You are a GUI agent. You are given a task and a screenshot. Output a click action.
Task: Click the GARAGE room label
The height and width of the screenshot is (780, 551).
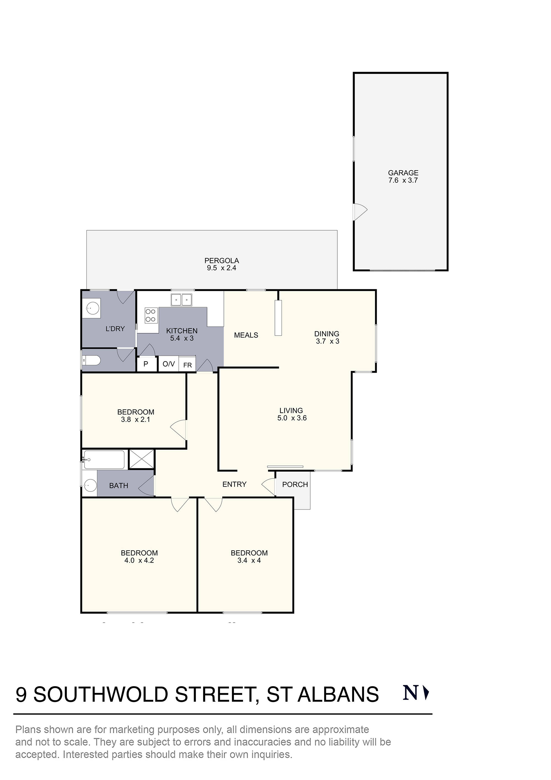coord(403,173)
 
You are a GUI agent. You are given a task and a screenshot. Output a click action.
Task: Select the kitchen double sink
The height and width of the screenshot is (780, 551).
coord(182,300)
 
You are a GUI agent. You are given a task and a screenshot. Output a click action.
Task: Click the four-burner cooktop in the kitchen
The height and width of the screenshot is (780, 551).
coord(150,315)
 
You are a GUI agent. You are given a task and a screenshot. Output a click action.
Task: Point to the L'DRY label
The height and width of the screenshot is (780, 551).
coord(115,328)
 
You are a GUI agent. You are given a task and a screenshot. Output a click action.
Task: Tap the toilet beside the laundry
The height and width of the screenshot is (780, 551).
coord(92,360)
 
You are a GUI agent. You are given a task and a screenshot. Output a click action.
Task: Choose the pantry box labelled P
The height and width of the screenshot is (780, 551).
coord(146,364)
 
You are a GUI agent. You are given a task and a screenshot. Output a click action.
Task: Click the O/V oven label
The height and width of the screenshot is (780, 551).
coord(169,364)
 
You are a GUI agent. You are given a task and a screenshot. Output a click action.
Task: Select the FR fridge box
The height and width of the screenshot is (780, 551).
coord(187,365)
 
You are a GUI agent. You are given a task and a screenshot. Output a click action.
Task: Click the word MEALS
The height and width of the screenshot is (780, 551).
coord(246,335)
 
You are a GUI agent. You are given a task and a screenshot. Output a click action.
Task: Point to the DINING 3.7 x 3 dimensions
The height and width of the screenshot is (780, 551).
coord(327,341)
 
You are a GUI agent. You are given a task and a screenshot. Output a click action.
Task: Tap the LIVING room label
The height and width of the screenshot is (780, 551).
coord(291,410)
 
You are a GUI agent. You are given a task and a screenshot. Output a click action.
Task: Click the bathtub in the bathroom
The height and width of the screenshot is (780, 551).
coord(104,460)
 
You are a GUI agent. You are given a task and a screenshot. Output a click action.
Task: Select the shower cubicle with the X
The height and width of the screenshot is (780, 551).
coord(142,459)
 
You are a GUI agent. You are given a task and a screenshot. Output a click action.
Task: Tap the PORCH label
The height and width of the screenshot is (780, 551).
coord(295,484)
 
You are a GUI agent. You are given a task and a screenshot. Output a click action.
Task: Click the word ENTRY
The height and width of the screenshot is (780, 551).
coord(234,484)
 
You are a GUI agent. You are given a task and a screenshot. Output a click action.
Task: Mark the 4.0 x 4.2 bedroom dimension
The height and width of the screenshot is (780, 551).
coord(139,561)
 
